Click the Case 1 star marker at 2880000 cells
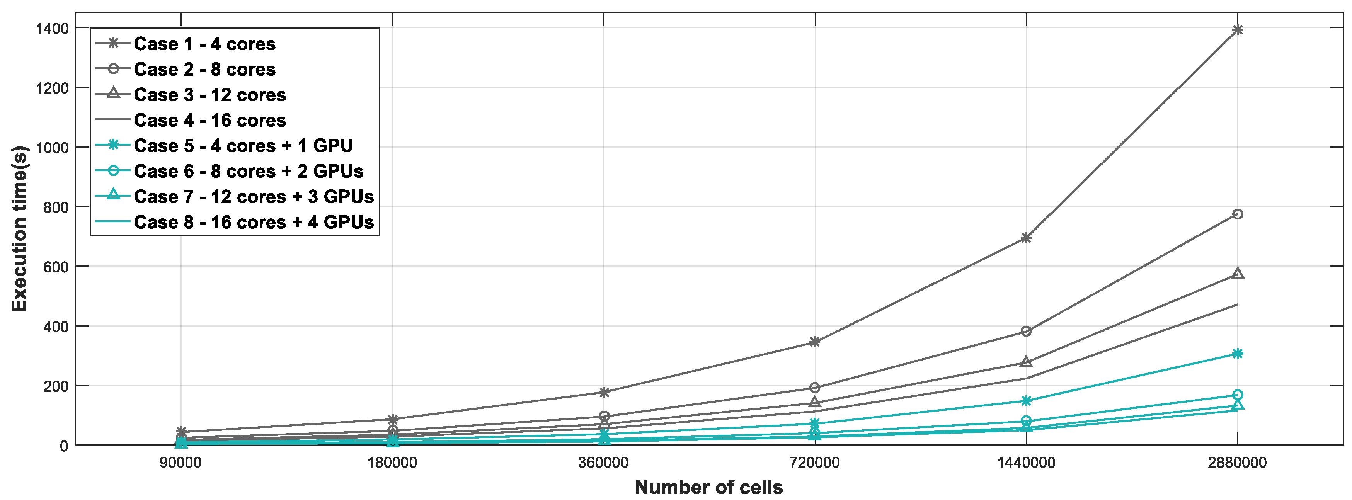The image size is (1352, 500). tap(1238, 30)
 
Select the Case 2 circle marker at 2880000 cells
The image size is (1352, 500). tap(1238, 214)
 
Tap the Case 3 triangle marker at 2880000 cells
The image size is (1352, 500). tap(1238, 273)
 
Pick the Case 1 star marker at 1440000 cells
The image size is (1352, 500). tap(1026, 238)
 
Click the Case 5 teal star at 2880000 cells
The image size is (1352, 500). tap(1238, 354)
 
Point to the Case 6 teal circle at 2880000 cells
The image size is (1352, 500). tap(1238, 395)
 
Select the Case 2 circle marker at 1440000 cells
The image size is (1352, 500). tap(1026, 331)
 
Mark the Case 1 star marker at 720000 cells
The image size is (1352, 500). tap(814, 342)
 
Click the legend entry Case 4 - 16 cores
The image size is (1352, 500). tap(209, 120)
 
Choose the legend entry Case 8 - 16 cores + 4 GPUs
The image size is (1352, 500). tap(254, 222)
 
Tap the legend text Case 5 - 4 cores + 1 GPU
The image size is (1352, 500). tap(243, 145)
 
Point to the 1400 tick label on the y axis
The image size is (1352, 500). tap(52, 28)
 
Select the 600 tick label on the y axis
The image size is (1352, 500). tap(56, 267)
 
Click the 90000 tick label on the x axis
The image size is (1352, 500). tap(180, 463)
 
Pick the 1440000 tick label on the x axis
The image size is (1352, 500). tap(1026, 463)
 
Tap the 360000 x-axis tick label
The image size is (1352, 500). tap(604, 463)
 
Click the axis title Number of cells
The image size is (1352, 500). tap(708, 487)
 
